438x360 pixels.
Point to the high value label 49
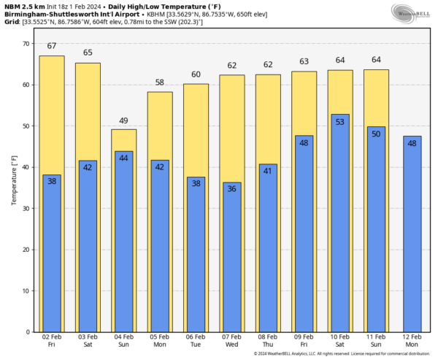[x=123, y=121]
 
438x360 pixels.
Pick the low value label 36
[x=231, y=189]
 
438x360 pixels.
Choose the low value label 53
[x=339, y=121]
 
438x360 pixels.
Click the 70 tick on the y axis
[x=26, y=44]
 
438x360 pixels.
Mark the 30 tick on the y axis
[x=26, y=208]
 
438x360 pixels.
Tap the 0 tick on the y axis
[x=28, y=332]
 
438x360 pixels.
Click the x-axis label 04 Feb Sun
[x=123, y=342]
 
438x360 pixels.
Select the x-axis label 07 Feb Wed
[x=231, y=342]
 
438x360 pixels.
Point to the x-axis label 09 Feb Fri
[x=303, y=342]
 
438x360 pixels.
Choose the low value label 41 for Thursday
[x=267, y=172]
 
